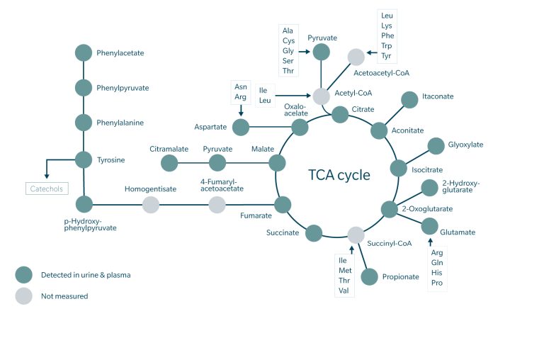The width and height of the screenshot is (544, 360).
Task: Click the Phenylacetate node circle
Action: click(x=84, y=52)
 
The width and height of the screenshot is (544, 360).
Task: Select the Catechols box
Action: click(x=46, y=189)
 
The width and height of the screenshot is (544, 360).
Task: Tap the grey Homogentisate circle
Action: click(x=151, y=205)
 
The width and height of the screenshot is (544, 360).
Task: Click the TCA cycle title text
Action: click(x=339, y=175)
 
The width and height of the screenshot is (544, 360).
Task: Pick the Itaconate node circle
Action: click(x=409, y=100)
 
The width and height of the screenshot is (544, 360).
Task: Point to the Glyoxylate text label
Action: click(x=465, y=145)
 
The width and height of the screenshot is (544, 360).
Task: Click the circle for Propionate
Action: click(x=369, y=276)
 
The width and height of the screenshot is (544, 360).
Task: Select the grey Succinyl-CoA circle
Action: click(x=356, y=235)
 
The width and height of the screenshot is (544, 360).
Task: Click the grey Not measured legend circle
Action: click(x=24, y=296)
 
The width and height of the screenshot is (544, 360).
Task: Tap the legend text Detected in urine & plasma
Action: click(x=86, y=274)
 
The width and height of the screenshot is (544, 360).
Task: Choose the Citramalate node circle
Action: click(x=169, y=163)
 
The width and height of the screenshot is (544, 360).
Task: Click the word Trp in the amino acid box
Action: click(x=387, y=45)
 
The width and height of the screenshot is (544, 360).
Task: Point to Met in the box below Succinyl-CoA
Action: click(x=345, y=270)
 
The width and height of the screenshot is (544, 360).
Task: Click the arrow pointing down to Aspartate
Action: click(x=241, y=111)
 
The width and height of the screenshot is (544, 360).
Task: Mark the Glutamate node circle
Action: click(x=429, y=226)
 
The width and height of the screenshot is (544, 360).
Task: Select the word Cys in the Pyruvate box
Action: click(x=288, y=40)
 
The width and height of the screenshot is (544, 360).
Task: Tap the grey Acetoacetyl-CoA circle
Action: click(x=356, y=57)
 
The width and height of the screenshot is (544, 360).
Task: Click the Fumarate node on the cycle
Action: click(x=283, y=205)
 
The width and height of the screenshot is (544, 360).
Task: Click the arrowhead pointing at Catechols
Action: click(x=46, y=177)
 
